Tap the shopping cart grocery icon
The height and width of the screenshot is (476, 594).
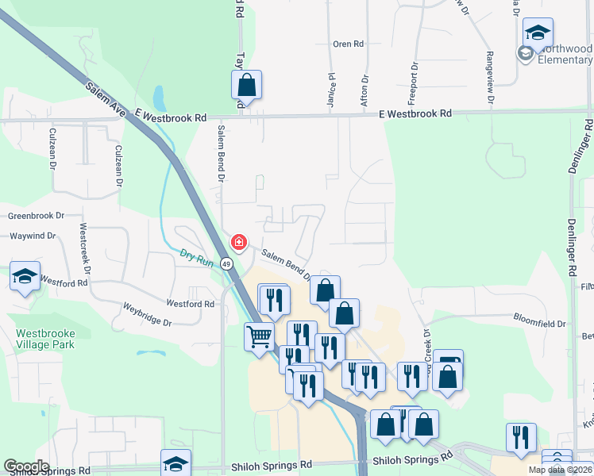coord(259,336)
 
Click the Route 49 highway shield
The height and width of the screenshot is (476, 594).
coord(226,263)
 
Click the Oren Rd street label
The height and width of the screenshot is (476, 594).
coord(348,44)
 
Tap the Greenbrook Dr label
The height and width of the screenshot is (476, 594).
coord(37,216)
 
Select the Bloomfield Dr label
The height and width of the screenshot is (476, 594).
coord(540,324)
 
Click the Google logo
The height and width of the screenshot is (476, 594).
coord(26,466)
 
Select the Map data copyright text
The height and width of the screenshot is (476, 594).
coord(559,470)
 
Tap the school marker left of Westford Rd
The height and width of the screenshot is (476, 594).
coord(25,277)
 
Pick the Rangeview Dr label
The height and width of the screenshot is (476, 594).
coord(489,77)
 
